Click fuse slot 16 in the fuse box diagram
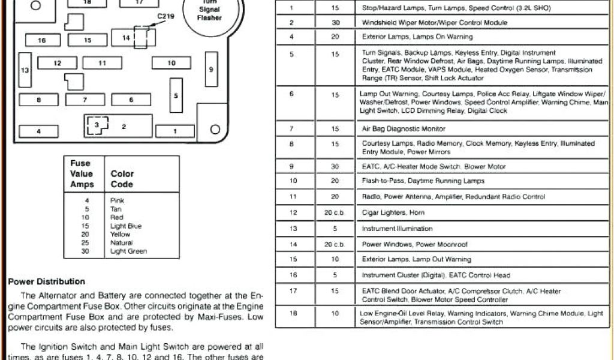(42, 40)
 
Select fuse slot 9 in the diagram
(211, 70)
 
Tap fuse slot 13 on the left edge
(25, 70)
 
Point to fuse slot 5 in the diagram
(176, 95)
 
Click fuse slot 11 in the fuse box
(102, 63)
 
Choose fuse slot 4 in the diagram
(38, 131)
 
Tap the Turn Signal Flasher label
(210, 10)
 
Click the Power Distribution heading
(47, 281)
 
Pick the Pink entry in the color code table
(117, 200)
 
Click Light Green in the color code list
(128, 251)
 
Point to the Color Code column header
(122, 179)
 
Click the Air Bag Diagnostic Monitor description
(404, 129)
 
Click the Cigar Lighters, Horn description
(393, 212)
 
